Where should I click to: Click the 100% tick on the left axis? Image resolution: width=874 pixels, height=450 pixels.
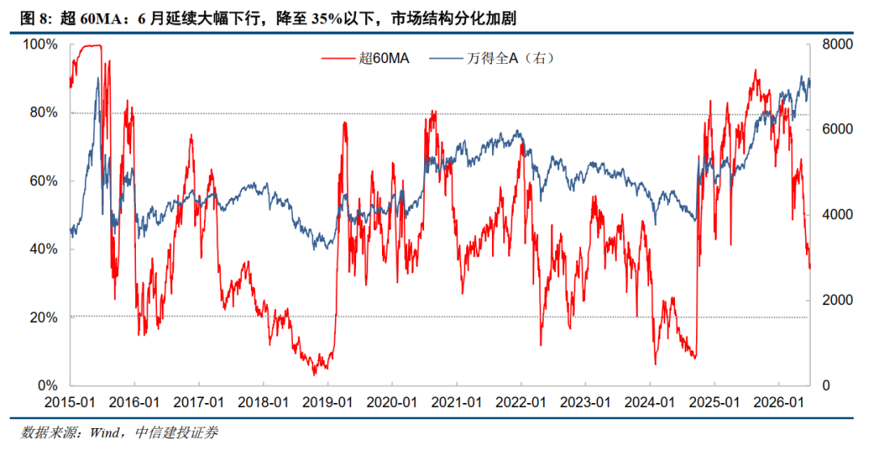pyautogui.click(x=40, y=44)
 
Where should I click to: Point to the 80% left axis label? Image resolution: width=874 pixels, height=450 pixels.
pyautogui.click(x=44, y=112)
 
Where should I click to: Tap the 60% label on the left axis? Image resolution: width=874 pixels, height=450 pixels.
pyautogui.click(x=44, y=180)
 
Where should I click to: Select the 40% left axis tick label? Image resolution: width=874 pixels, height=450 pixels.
pyautogui.click(x=44, y=248)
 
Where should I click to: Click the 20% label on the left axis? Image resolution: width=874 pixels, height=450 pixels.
pyautogui.click(x=44, y=317)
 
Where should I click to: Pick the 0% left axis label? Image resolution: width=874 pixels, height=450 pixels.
pyautogui.click(x=48, y=385)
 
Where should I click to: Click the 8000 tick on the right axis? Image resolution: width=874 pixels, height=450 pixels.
pyautogui.click(x=838, y=44)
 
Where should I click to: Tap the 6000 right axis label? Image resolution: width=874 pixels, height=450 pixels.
pyautogui.click(x=838, y=129)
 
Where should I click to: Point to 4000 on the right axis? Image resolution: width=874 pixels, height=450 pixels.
pyautogui.click(x=838, y=214)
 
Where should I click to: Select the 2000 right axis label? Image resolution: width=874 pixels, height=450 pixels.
pyautogui.click(x=838, y=300)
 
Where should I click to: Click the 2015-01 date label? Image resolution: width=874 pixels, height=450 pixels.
pyautogui.click(x=70, y=402)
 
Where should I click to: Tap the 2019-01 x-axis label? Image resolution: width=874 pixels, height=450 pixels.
pyautogui.click(x=327, y=402)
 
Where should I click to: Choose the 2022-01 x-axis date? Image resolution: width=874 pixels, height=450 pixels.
pyautogui.click(x=520, y=402)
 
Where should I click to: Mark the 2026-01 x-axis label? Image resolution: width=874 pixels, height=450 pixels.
pyautogui.click(x=779, y=402)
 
